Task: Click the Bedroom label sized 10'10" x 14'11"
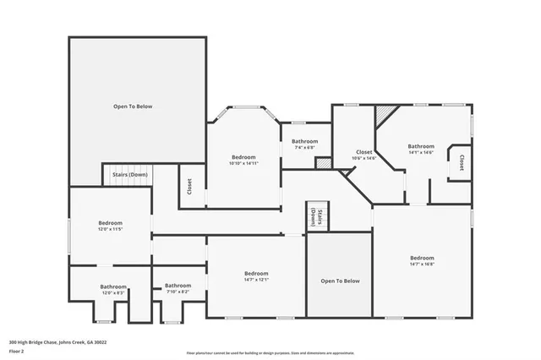pos(244,161)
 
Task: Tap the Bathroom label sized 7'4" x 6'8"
pos(304,144)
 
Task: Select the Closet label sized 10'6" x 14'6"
pos(365,155)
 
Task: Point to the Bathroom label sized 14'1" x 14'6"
pos(420,149)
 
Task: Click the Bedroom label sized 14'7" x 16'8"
pos(422,261)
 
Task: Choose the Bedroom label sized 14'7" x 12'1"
pos(256,276)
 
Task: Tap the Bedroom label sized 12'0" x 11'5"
pos(110,226)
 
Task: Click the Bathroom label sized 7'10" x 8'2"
pos(178,288)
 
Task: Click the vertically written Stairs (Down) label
pos(316,217)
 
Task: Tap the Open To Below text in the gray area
pos(340,281)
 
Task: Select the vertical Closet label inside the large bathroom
pos(462,162)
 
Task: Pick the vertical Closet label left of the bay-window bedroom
pos(189,186)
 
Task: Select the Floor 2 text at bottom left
pos(17,350)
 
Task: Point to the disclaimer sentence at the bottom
pos(270,353)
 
